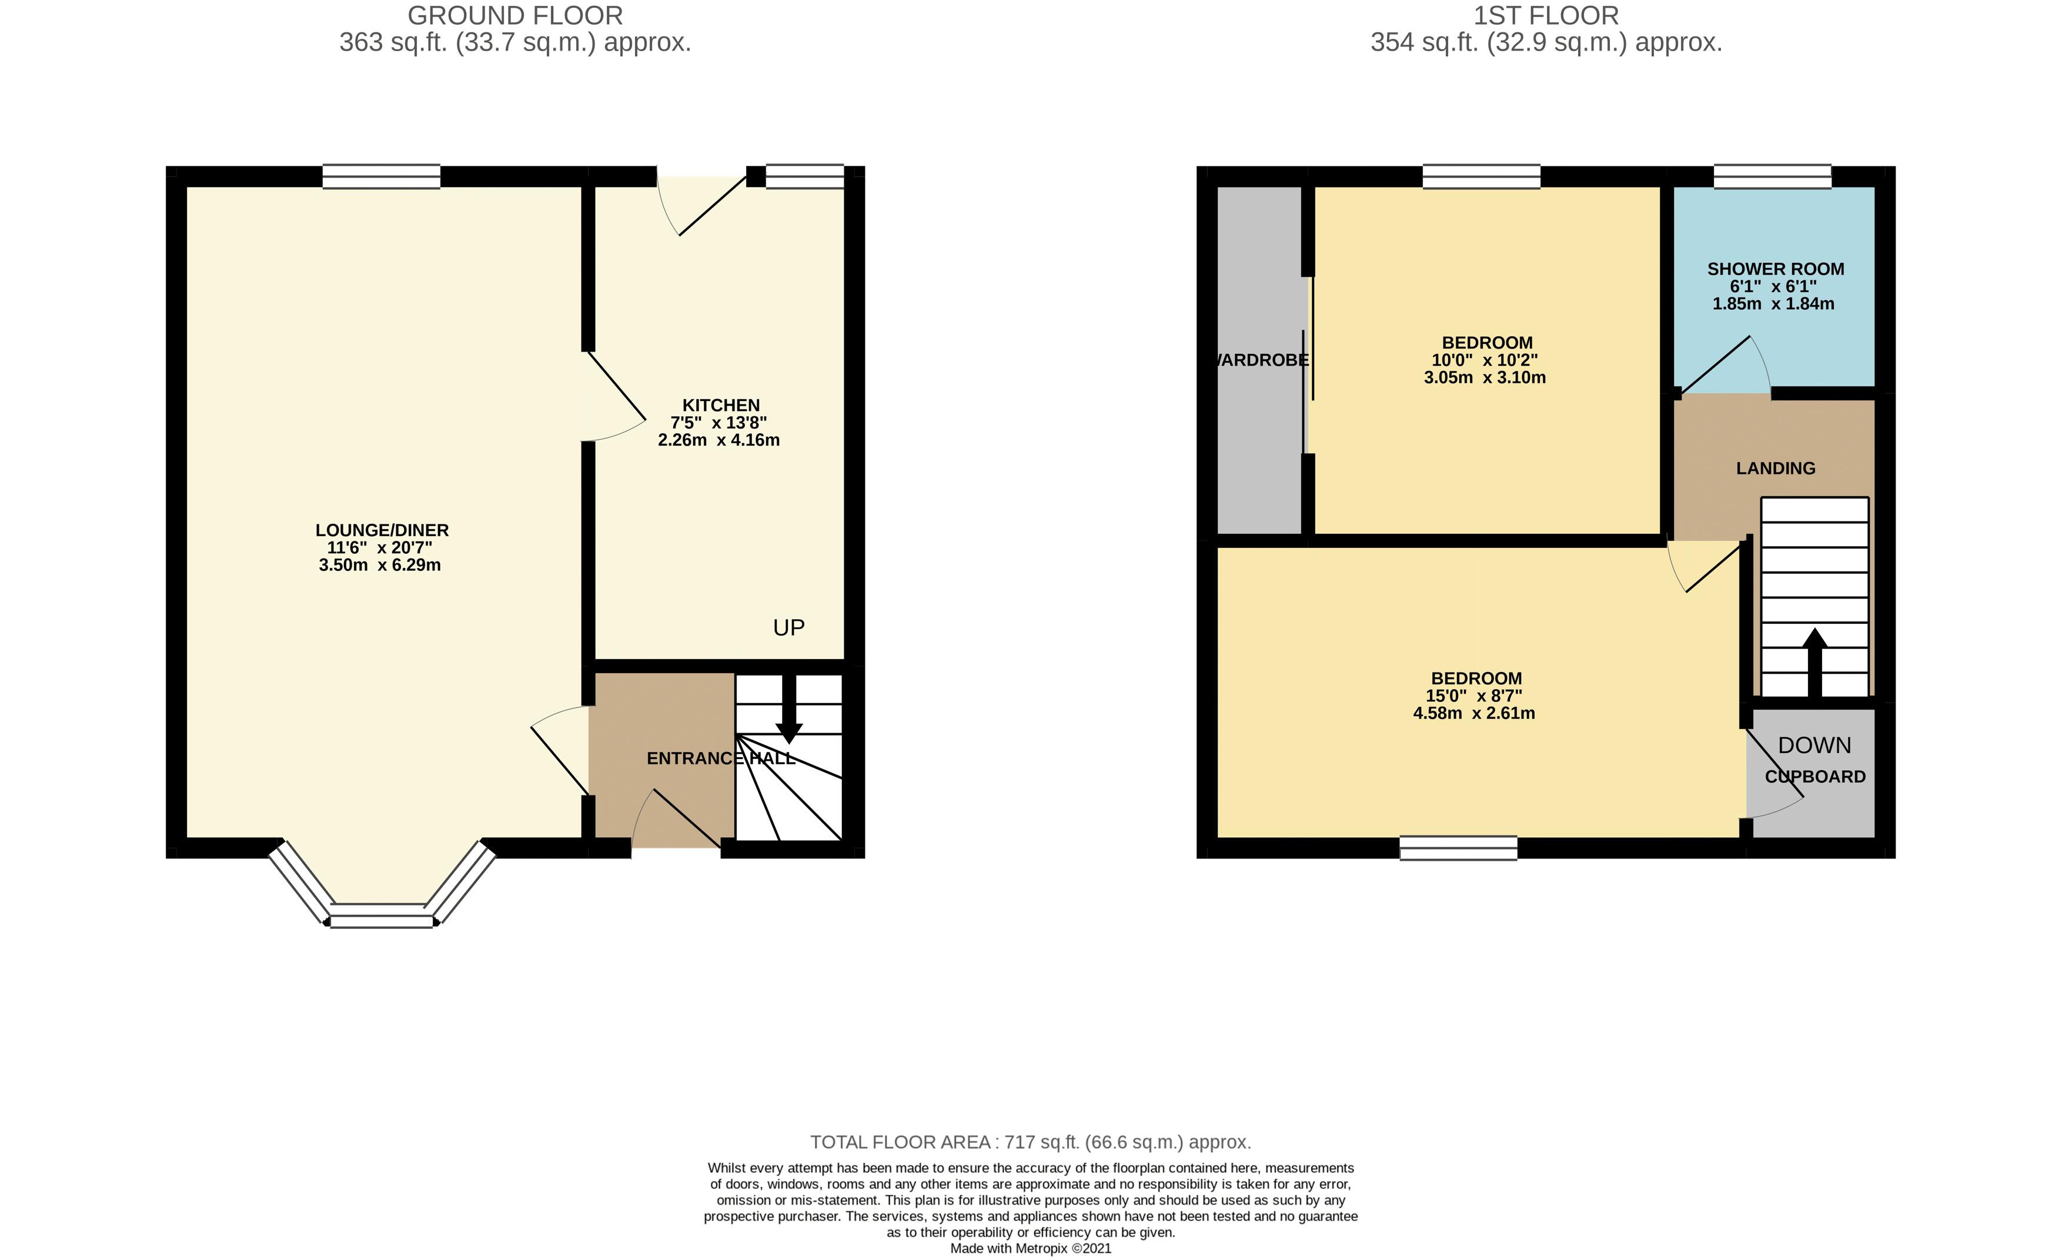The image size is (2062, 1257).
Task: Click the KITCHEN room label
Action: point(720,405)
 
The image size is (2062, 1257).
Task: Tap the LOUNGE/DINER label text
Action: point(382,530)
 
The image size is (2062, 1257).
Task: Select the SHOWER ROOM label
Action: point(1775,269)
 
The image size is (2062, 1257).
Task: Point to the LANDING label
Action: point(1775,468)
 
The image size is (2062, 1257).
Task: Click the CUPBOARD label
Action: point(1814,777)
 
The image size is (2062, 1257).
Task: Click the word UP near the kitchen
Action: point(788,628)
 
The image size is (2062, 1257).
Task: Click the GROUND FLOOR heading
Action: point(514,15)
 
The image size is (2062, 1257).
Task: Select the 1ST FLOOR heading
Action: point(1546,15)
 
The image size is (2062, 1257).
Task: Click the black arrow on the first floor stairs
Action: point(1814,661)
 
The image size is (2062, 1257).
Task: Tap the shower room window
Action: point(1772,176)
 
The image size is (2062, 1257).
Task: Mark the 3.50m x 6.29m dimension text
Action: point(380,565)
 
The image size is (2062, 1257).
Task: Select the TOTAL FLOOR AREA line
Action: point(1030,1142)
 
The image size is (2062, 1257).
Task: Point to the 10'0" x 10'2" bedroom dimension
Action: point(1485,360)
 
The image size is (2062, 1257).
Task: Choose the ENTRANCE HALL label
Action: point(720,758)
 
